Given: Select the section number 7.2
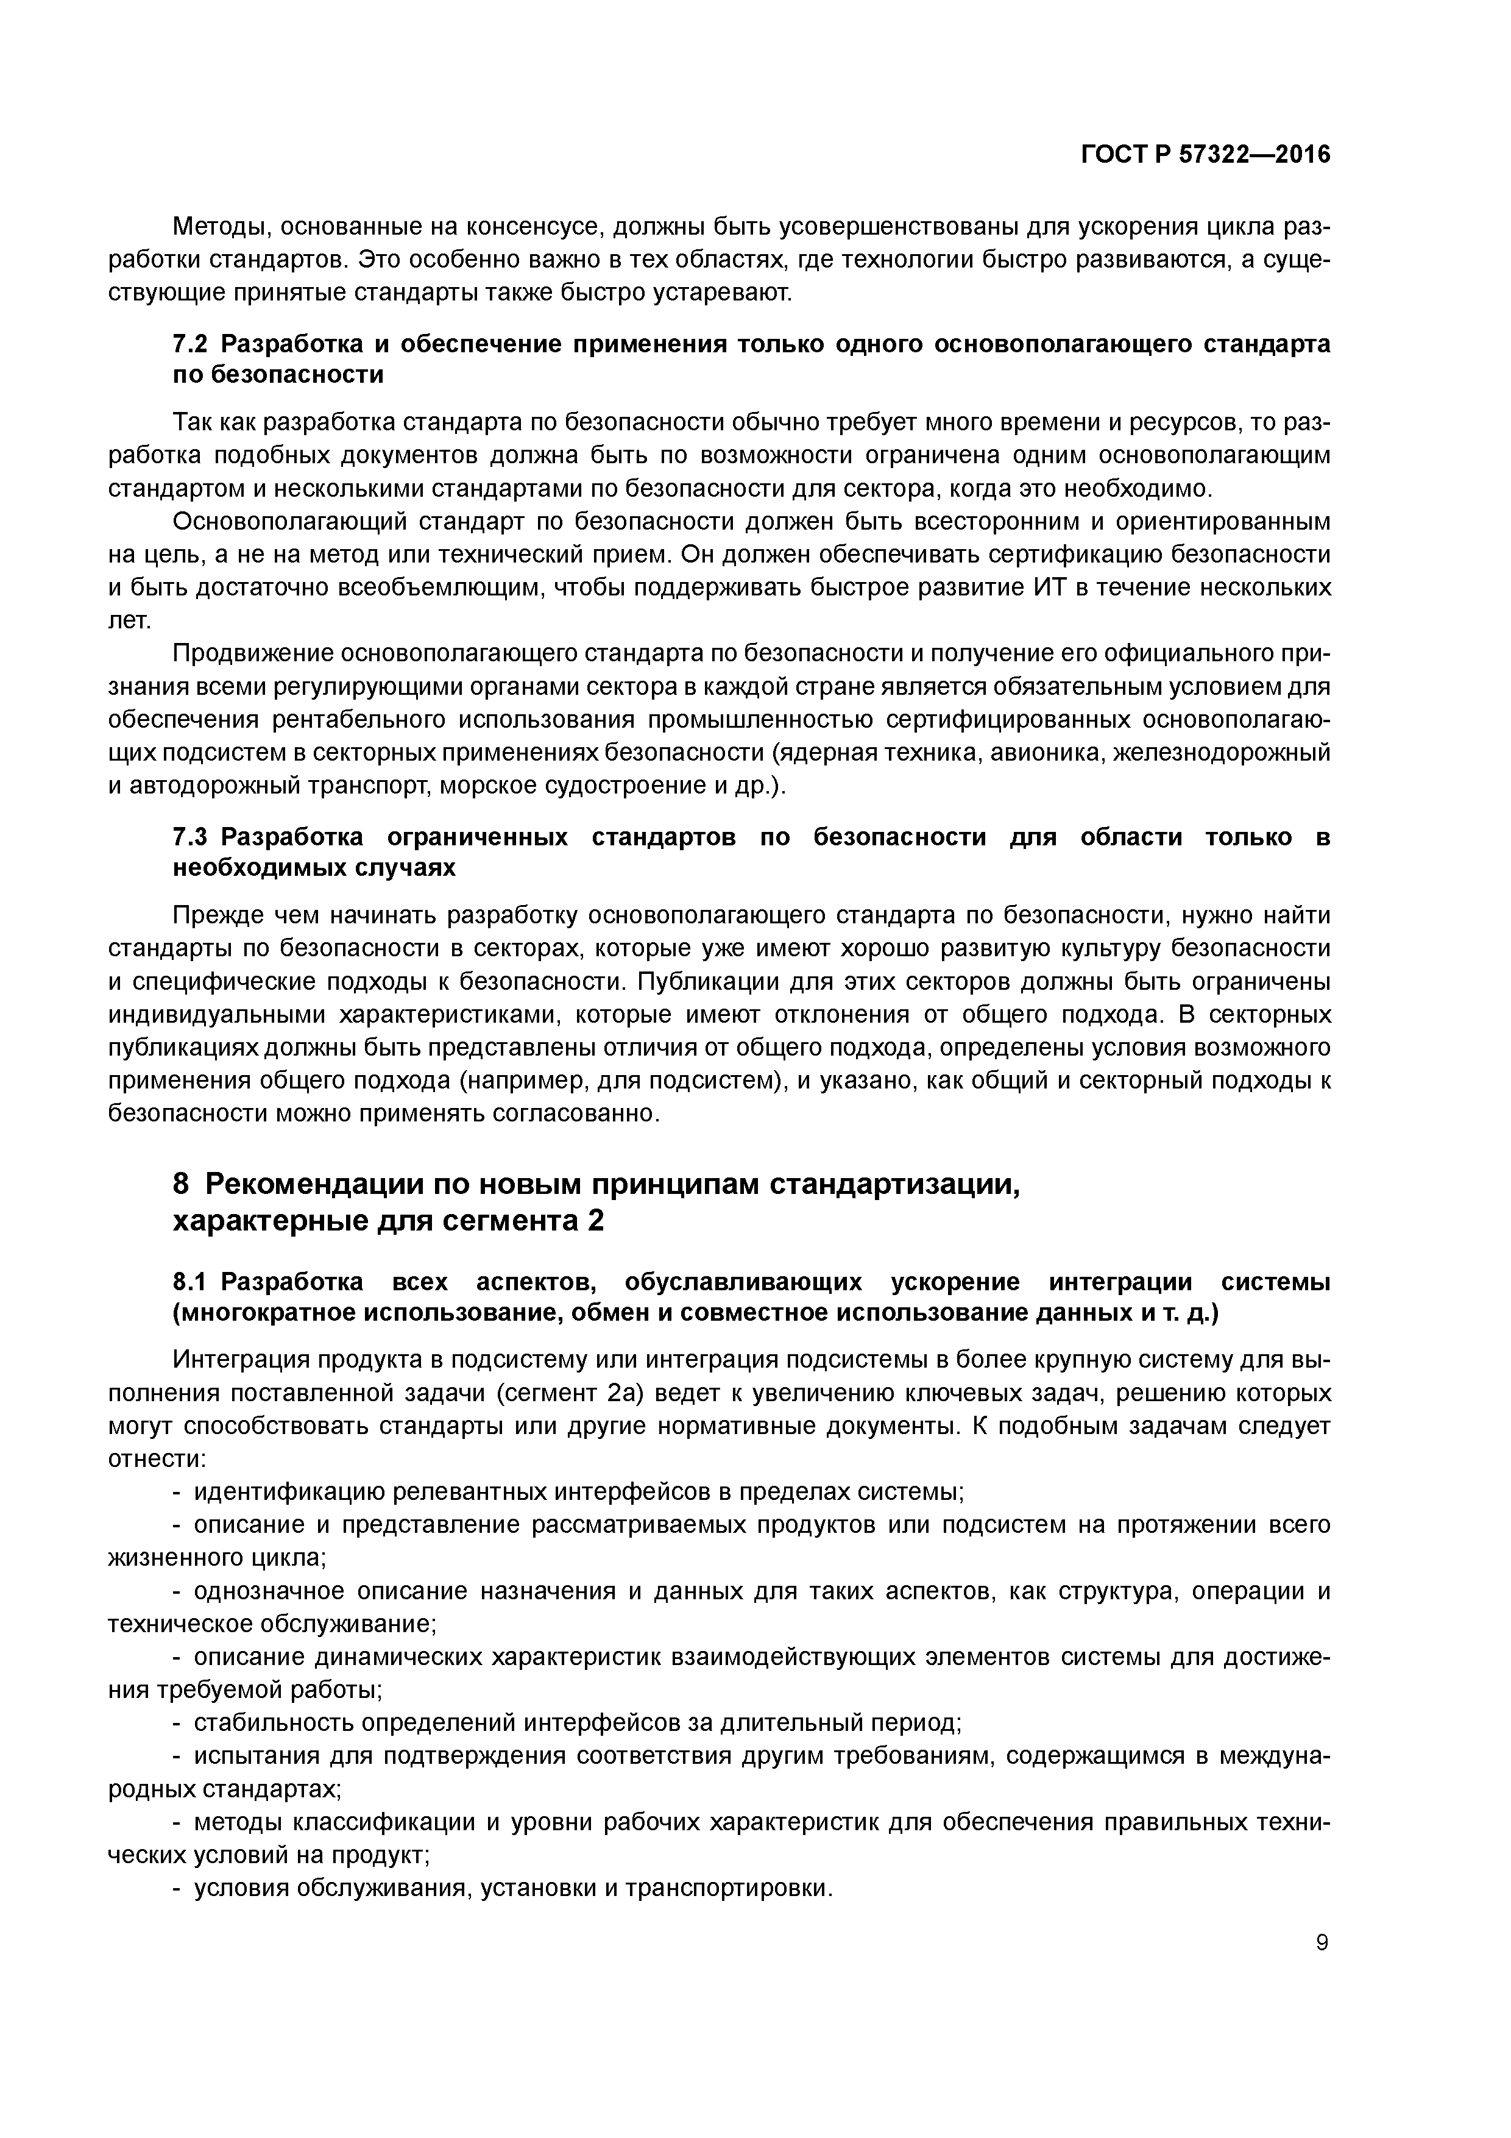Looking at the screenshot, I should point(192,344).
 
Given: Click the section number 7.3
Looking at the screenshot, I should point(192,837).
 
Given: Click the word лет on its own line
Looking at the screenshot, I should point(126,621).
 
